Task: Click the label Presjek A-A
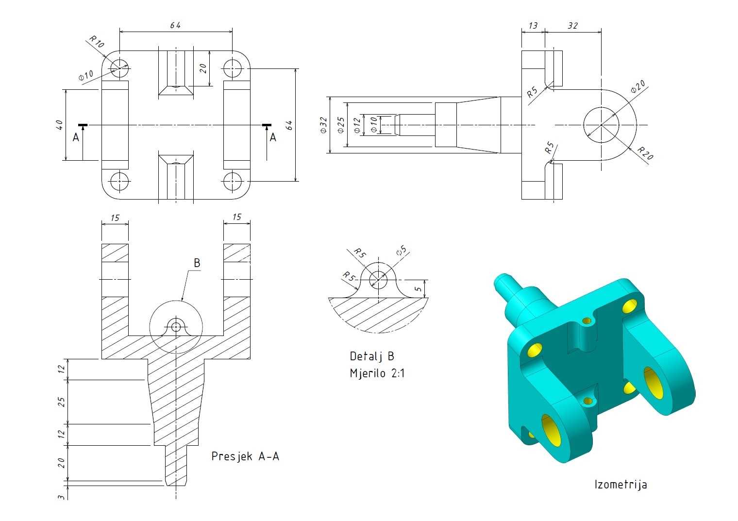pyautogui.click(x=245, y=456)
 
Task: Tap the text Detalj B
pyautogui.click(x=371, y=356)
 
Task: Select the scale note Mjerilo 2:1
pyautogui.click(x=377, y=373)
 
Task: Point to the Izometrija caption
pyautogui.click(x=621, y=485)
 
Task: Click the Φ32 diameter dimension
pyautogui.click(x=323, y=125)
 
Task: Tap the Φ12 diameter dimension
pyautogui.click(x=357, y=126)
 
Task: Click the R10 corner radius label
pyautogui.click(x=97, y=42)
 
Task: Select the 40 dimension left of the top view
pyautogui.click(x=59, y=125)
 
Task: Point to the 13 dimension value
pyautogui.click(x=533, y=26)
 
